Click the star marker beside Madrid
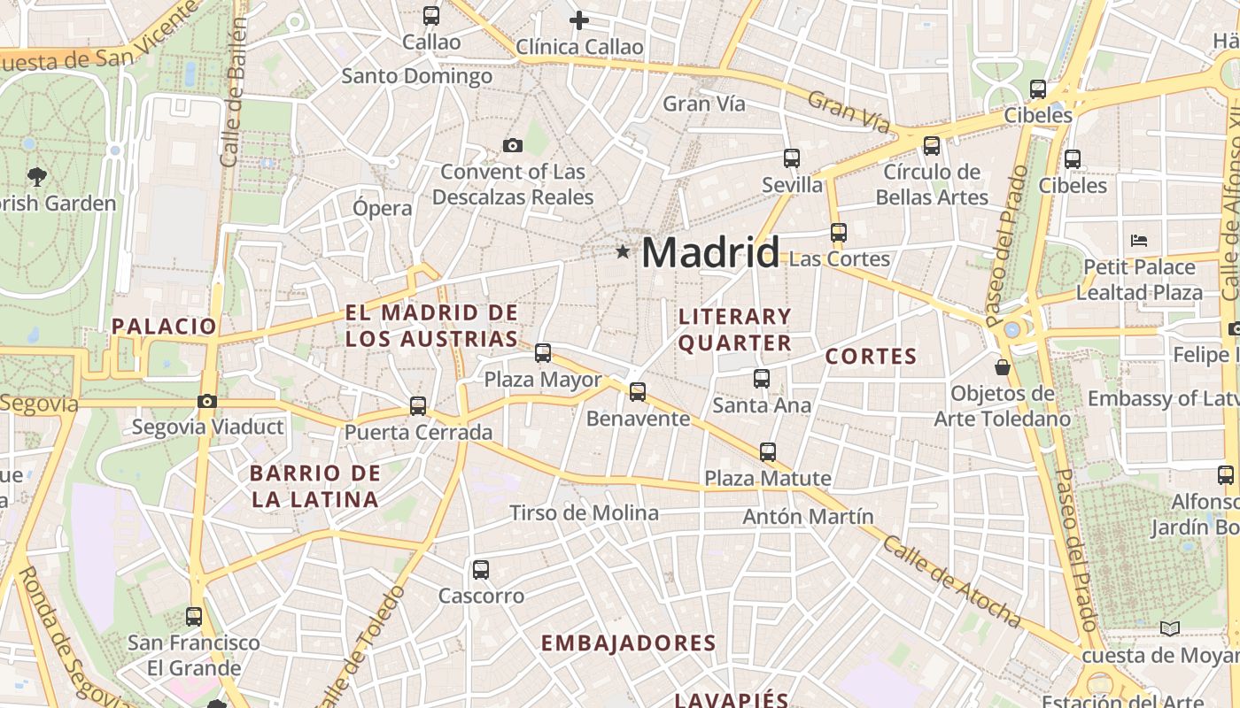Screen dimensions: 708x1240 [623, 252]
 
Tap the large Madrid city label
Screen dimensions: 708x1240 [710, 253]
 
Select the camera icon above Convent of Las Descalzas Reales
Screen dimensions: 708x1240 [512, 146]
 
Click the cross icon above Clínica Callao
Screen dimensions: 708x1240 [578, 20]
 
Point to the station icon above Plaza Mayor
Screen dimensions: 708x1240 [543, 353]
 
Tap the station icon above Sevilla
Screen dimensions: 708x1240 [792, 158]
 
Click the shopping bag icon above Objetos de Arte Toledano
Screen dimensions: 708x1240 [1003, 366]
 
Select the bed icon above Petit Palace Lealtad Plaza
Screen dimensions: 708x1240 [1139, 240]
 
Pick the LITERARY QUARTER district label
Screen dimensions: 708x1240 [734, 329]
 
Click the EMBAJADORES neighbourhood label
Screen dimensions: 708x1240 [628, 643]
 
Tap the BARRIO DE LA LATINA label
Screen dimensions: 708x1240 [315, 486]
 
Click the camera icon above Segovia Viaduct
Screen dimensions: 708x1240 [207, 402]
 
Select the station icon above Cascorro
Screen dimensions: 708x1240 [481, 570]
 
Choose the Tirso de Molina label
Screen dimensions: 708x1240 [585, 513]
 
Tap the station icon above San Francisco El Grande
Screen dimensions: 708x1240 [194, 617]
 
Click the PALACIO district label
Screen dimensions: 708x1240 [164, 327]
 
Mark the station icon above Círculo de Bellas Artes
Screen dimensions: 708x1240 [932, 146]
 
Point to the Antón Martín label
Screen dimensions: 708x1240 [808, 516]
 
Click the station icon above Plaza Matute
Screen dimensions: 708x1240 [768, 452]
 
